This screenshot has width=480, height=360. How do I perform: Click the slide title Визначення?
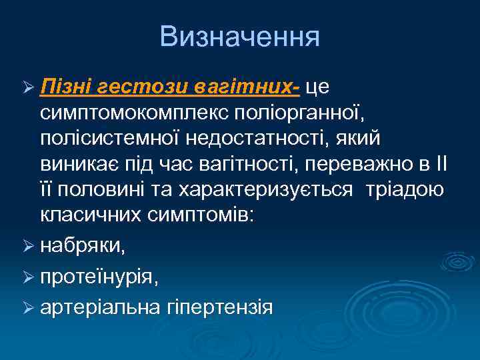[240, 37]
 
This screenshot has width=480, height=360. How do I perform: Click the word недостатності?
[251, 138]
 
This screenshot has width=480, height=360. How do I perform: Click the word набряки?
[82, 246]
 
